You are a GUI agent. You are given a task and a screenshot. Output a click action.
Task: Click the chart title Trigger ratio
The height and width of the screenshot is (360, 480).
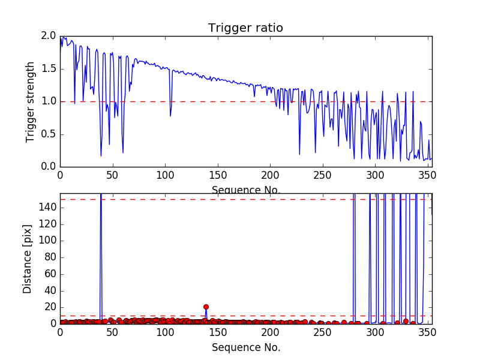pos(245,28)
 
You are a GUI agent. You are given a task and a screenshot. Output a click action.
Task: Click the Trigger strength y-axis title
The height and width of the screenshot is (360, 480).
pos(31,101)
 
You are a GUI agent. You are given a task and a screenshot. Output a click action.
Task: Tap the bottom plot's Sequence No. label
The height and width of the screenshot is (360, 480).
pos(246,347)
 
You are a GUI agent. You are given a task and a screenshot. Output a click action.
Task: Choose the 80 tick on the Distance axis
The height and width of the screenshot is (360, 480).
pos(47,257)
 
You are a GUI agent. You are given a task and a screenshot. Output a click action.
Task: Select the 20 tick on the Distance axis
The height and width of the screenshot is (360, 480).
pos(47,307)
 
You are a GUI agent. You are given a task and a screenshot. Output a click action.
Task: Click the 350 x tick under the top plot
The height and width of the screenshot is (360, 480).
pos(427,175)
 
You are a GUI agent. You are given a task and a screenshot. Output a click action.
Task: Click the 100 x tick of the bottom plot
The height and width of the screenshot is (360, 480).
pos(165,332)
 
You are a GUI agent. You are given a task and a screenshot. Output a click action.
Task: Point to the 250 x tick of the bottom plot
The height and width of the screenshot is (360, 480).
pos(323,332)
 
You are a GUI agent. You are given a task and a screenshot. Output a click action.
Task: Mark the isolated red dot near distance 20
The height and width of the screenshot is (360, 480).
pos(206,307)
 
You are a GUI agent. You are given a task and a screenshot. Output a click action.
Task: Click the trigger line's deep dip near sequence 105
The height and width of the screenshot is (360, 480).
pos(170,115)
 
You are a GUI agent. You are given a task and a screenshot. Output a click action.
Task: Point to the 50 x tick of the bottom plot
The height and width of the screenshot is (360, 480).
pos(112,332)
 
